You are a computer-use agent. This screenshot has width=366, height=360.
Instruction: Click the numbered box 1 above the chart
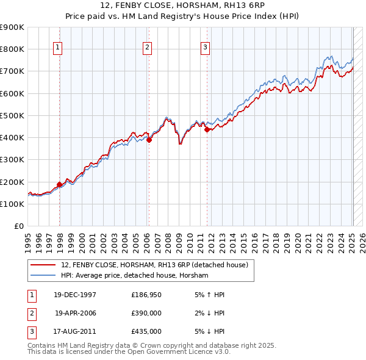pos(57,49)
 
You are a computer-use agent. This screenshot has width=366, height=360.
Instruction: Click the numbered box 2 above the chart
pos(148,49)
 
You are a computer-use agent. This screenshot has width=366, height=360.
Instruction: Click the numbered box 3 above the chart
pos(206,49)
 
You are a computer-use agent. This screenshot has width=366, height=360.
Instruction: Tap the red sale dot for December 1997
pos(60,184)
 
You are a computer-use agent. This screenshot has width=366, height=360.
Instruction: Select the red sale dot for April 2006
pos(149,139)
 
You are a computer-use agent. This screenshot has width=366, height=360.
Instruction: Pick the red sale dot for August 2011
pos(207,129)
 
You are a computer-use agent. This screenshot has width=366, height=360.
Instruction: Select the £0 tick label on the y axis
pos(19,226)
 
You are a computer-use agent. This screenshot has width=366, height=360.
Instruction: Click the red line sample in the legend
pos(43,265)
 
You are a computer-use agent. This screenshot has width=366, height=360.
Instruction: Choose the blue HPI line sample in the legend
pos(43,276)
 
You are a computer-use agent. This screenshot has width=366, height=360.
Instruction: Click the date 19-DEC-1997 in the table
pos(75,295)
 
